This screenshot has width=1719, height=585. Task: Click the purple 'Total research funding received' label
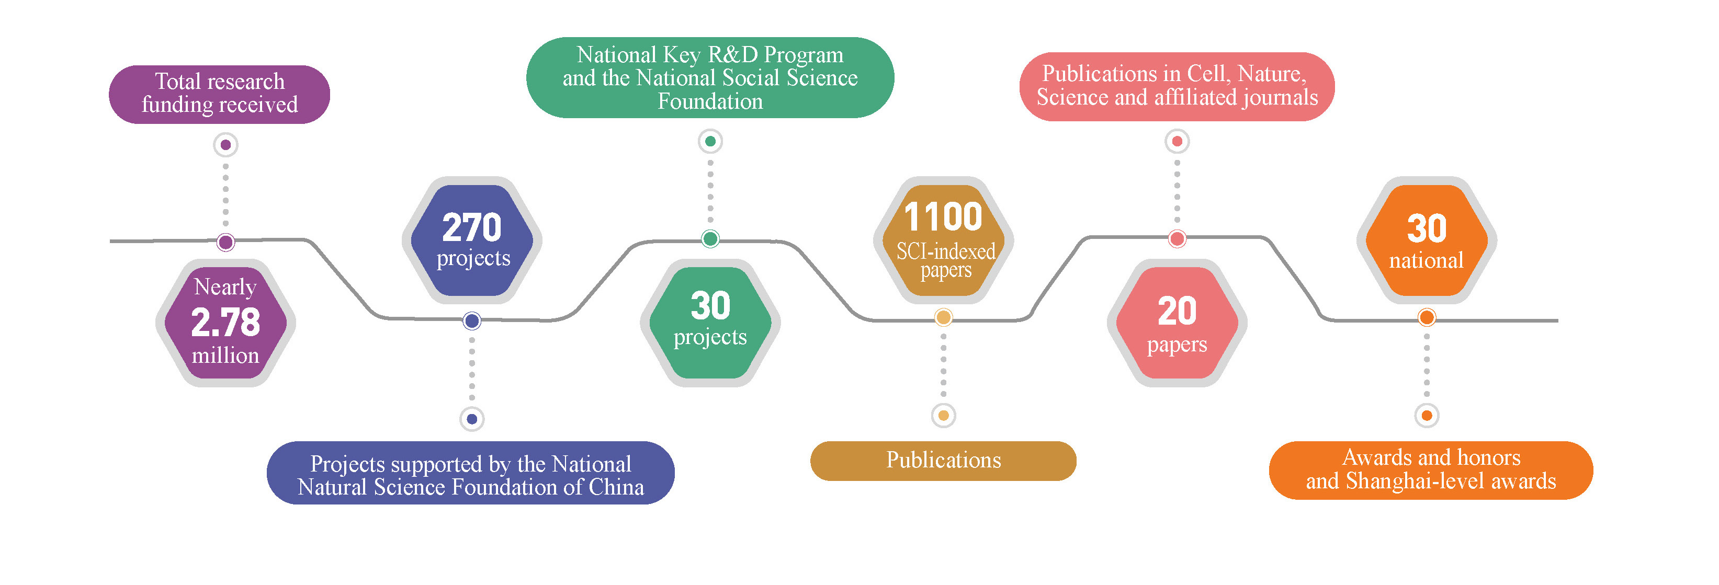[220, 94]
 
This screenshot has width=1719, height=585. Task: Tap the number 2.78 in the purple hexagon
[225, 322]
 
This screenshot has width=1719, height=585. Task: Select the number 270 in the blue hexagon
[472, 227]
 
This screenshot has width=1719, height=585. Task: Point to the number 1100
[943, 217]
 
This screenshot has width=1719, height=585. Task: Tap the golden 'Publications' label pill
[943, 460]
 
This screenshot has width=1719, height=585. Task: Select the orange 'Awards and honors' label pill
[1431, 469]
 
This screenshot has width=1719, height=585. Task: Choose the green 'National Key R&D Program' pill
[710, 78]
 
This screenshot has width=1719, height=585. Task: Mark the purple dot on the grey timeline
[225, 242]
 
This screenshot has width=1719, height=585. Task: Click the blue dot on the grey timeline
[472, 321]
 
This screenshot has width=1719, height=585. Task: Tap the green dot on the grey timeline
[710, 239]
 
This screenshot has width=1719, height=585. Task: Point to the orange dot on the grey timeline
[1427, 317]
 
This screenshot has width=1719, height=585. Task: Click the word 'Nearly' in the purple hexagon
[225, 287]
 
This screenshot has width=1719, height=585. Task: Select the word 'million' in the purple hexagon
[225, 355]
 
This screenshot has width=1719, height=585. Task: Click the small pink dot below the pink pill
[1177, 141]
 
